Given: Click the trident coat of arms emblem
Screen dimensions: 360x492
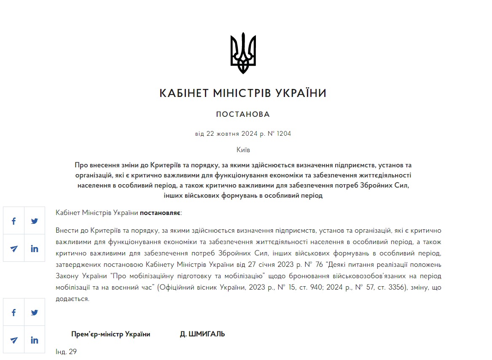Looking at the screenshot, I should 243,53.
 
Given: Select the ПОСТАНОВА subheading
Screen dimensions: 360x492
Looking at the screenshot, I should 243,114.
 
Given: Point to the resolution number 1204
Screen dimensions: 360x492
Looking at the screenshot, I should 284,134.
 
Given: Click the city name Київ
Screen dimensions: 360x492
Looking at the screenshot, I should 243,150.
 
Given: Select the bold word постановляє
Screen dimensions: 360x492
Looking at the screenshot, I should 160,212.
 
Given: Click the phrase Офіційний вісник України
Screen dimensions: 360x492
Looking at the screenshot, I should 196,287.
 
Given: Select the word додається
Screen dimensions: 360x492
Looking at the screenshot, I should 72,299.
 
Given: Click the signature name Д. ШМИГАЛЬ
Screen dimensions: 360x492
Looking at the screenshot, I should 202,334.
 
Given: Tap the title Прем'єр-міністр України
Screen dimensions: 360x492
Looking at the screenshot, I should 111,334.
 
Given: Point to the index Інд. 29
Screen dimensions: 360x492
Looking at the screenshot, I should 66,352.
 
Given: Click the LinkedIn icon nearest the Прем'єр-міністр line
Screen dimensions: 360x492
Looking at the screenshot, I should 35,340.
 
